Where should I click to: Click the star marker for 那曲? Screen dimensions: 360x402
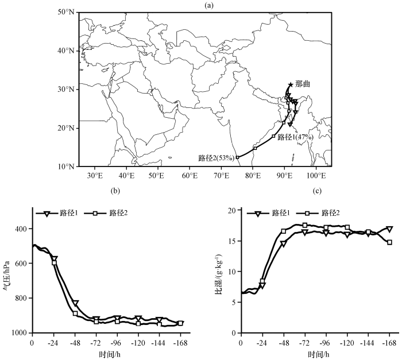point(291,85)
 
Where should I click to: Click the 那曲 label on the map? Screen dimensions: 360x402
point(303,84)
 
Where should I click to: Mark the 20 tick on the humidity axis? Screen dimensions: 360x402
point(231,211)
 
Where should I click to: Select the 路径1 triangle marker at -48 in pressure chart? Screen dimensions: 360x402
point(76,303)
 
